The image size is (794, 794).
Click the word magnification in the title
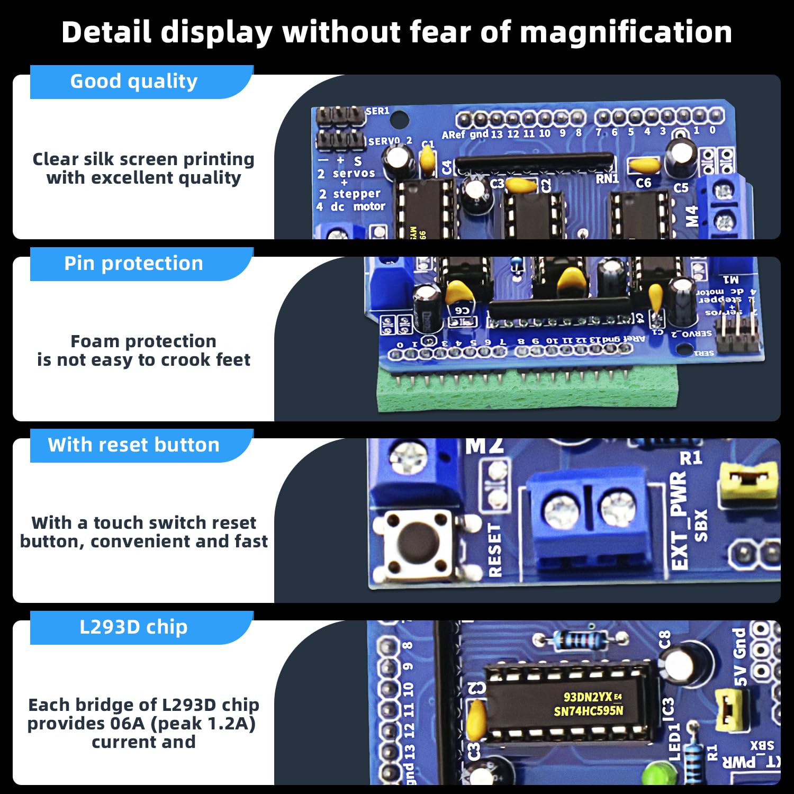tap(626, 32)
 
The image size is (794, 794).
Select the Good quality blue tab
tap(134, 82)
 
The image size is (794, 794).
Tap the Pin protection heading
tap(134, 264)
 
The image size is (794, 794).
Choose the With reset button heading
tap(134, 445)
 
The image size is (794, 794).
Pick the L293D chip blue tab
tap(134, 627)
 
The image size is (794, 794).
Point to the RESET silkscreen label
tap(494, 550)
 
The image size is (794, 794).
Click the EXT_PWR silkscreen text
tap(679, 521)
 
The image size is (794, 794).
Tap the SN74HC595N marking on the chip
tap(589, 711)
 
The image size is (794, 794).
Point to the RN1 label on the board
tap(607, 179)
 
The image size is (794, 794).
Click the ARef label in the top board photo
tap(454, 135)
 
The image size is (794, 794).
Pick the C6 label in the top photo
tap(643, 183)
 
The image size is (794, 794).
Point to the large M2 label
tap(484, 446)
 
